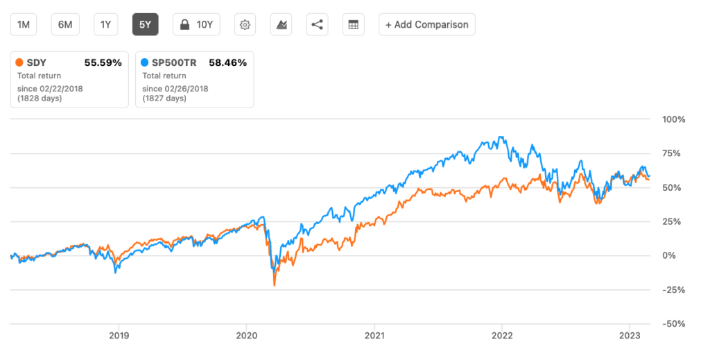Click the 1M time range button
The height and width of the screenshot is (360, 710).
[24, 24]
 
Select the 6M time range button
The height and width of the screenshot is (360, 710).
[65, 24]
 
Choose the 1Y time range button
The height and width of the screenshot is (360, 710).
[105, 24]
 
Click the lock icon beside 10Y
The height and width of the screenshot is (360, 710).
[185, 25]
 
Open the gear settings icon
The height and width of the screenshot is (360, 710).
[245, 25]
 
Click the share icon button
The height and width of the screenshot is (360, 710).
[317, 25]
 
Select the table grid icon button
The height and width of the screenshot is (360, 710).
[354, 25]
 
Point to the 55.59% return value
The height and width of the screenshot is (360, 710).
[103, 62]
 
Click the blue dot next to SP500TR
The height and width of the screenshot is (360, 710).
[144, 62]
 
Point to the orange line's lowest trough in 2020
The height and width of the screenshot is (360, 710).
[274, 286]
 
